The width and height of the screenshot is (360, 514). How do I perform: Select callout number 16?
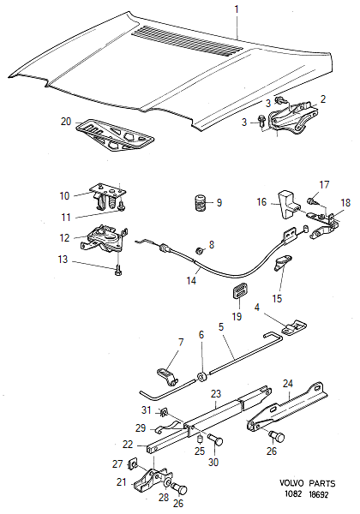(x=261, y=202)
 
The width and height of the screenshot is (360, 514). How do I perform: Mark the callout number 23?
(x=216, y=393)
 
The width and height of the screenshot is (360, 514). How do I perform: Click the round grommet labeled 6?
(x=201, y=377)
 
